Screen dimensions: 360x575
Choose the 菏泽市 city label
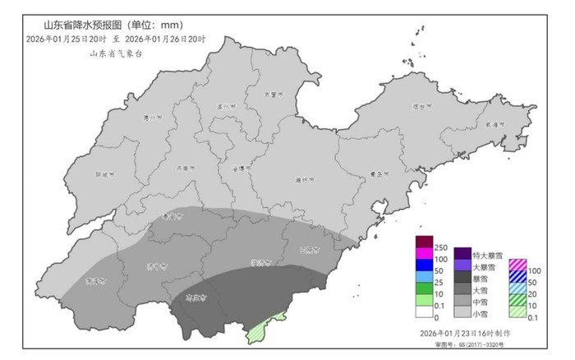coord(97,281)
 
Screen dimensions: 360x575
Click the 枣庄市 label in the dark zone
coord(195,297)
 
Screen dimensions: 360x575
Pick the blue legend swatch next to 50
coord(424,270)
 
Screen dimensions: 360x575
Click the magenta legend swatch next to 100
coord(424,259)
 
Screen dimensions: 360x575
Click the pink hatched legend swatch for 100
coord(517,265)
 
